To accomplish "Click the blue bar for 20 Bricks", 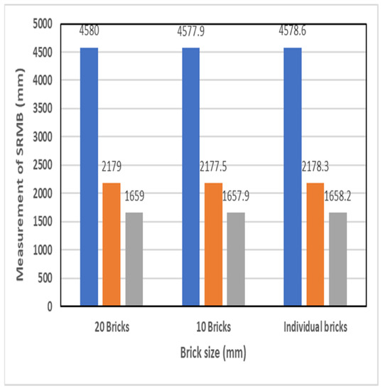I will coord(89,177).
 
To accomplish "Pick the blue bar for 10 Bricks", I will coord(190,177).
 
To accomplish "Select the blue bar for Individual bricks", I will coord(292,177).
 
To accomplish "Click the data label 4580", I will coord(90,30).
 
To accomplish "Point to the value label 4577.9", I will coord(192,30).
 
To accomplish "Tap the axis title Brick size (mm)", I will coord(212,350).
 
